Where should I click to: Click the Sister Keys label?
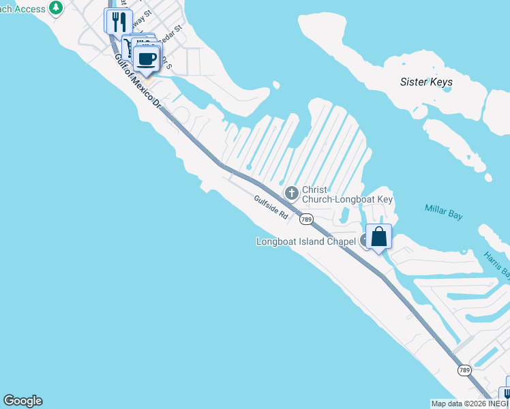(426, 82)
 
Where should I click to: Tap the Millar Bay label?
(443, 211)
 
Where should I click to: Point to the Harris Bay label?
(497, 264)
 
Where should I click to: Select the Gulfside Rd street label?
(271, 207)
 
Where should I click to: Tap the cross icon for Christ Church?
(292, 194)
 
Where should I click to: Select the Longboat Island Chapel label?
(306, 241)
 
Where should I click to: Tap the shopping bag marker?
(378, 237)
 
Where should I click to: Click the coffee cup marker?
(146, 59)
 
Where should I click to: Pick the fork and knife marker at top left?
(118, 22)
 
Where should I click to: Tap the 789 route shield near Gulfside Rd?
(307, 219)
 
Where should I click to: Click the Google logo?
(22, 401)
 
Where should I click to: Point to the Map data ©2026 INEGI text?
(470, 404)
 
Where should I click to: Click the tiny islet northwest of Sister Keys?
(275, 85)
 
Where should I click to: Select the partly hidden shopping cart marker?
(127, 45)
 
